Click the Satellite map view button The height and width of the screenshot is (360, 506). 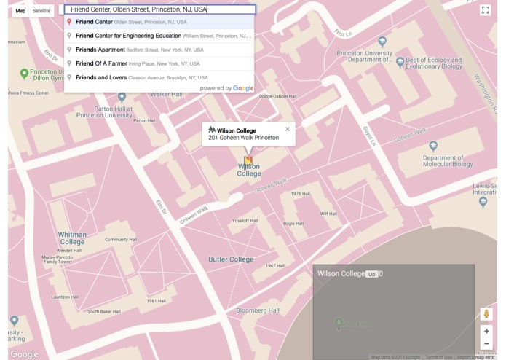[41, 11]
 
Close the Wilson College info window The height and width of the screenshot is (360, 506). [288, 130]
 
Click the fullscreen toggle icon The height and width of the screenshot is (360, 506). [486, 10]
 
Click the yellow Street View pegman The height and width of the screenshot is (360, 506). [486, 315]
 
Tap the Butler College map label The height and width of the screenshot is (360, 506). [231, 259]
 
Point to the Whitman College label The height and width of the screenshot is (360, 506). [72, 238]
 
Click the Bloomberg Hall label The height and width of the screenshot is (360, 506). [258, 310]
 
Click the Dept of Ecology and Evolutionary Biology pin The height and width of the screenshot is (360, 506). [400, 61]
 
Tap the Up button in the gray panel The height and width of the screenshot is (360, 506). [371, 274]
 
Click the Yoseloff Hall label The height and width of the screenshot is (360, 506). [245, 220]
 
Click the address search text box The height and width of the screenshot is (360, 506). [160, 9]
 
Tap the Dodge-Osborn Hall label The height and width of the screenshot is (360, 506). [274, 96]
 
